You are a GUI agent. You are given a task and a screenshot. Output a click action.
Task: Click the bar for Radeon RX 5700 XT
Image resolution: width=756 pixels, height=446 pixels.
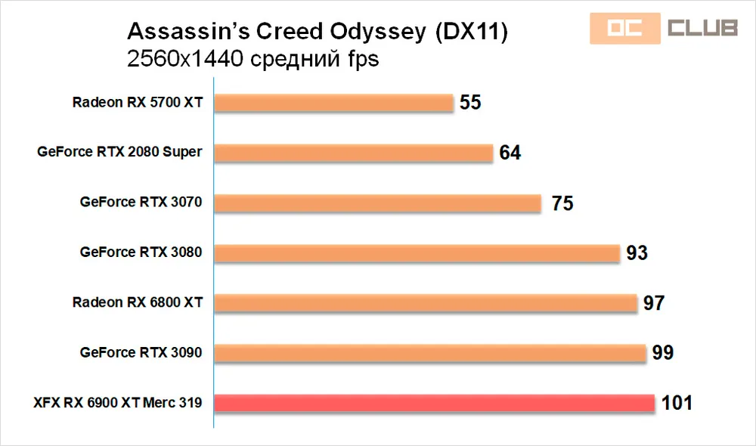(x=333, y=102)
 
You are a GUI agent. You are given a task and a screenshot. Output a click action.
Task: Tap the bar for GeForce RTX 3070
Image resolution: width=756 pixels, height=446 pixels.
(x=377, y=203)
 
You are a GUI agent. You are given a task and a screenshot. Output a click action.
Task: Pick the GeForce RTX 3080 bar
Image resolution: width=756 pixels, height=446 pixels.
(x=417, y=252)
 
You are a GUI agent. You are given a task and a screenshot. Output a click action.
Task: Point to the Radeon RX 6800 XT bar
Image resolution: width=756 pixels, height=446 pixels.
(x=426, y=303)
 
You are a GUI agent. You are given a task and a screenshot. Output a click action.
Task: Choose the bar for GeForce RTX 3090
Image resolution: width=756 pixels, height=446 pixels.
(x=430, y=353)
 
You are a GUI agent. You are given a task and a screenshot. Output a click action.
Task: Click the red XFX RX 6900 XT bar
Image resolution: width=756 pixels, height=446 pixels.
(x=435, y=403)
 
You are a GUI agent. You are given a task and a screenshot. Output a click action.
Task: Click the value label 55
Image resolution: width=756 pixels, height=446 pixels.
(x=470, y=103)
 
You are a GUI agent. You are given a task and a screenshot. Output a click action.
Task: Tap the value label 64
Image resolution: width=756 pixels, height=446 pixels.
(x=510, y=153)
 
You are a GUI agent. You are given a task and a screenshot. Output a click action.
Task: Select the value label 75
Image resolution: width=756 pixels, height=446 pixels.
(x=562, y=203)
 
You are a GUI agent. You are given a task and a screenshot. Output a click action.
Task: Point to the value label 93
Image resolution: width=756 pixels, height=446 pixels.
(x=637, y=253)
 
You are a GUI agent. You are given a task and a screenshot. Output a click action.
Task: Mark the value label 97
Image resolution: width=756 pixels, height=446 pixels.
(x=653, y=303)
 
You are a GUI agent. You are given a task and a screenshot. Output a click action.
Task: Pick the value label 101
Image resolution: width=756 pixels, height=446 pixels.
(x=677, y=403)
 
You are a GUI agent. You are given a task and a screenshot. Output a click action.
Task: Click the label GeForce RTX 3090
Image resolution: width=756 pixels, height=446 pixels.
(x=141, y=353)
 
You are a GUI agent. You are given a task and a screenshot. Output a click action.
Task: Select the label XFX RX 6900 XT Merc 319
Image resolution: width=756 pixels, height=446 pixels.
(x=117, y=403)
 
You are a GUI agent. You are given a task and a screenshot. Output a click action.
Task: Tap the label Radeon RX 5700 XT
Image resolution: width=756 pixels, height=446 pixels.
(x=138, y=102)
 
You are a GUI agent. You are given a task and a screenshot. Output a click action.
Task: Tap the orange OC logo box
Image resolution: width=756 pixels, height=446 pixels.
(x=624, y=29)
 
